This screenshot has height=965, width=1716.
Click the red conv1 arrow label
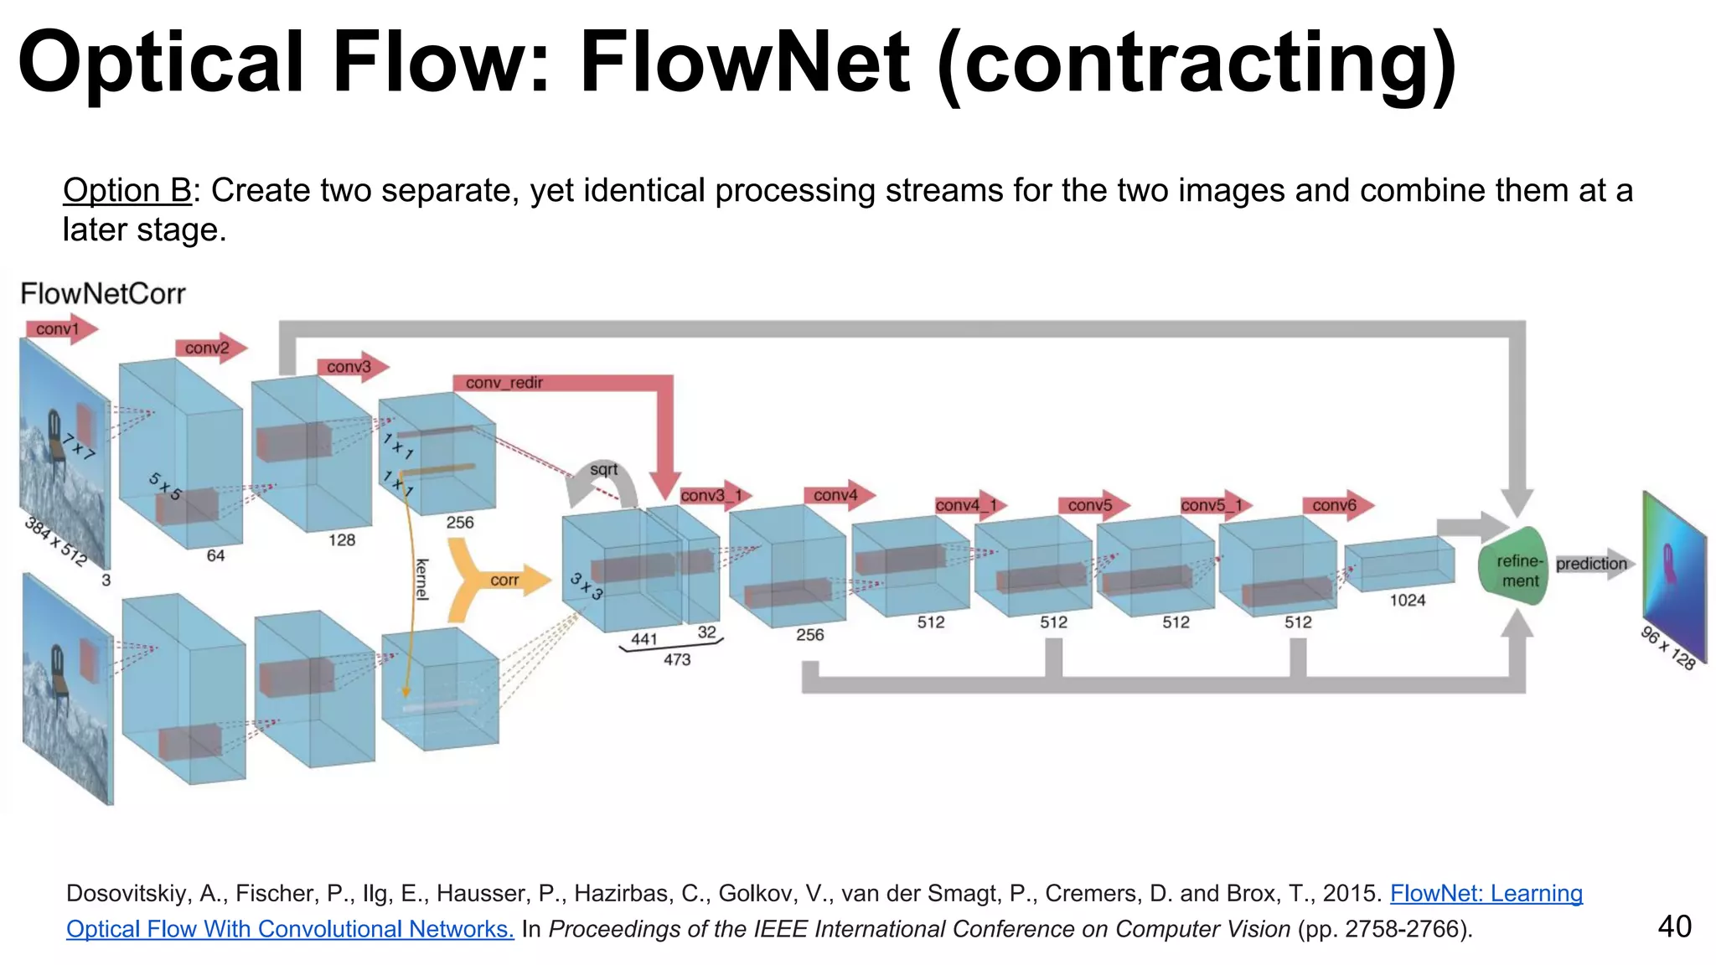pyautogui.click(x=58, y=329)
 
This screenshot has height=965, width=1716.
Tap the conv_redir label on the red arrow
pyautogui.click(x=504, y=383)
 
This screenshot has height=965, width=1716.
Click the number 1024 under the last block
pyautogui.click(x=1407, y=601)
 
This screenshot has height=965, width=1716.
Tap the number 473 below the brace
pyautogui.click(x=677, y=660)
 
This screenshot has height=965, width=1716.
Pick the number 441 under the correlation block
pyautogui.click(x=643, y=639)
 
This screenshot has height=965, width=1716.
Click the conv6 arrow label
pyautogui.click(x=1334, y=505)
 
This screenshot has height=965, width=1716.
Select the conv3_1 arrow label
pyautogui.click(x=711, y=496)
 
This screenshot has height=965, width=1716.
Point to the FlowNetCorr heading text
pyautogui.click(x=103, y=294)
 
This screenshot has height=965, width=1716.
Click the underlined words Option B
pyautogui.click(x=127, y=191)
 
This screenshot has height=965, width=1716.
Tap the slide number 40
pyautogui.click(x=1674, y=926)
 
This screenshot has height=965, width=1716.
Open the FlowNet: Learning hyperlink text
pyautogui.click(x=1486, y=893)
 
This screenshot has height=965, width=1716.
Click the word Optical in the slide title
pyautogui.click(x=159, y=63)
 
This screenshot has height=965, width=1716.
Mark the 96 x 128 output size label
pyautogui.click(x=1667, y=648)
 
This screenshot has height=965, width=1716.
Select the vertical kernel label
pyautogui.click(x=422, y=579)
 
